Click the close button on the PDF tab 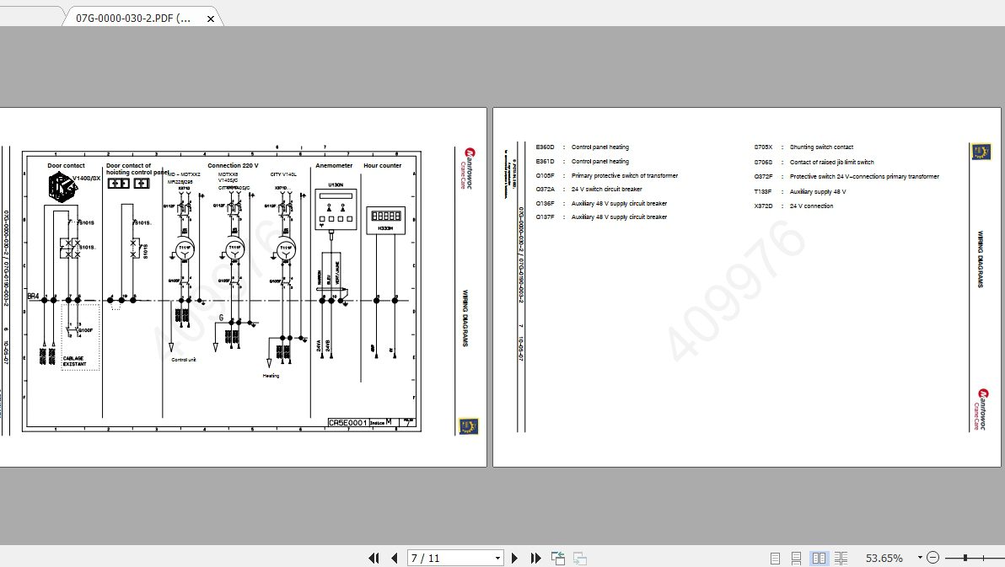(x=211, y=18)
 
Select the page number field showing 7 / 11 (x=454, y=558)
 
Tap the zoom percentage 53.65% (x=884, y=558)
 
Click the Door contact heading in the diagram (x=66, y=166)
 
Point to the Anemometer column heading (x=334, y=166)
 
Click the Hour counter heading (x=383, y=166)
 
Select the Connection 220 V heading (x=233, y=166)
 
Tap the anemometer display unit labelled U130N (x=333, y=209)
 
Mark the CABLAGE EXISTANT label (x=74, y=361)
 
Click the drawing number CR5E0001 (x=347, y=423)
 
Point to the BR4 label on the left (x=33, y=297)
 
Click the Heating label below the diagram (x=270, y=376)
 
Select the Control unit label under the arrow (x=184, y=360)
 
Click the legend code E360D (x=545, y=147)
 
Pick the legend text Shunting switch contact (x=821, y=147)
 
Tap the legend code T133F (x=763, y=191)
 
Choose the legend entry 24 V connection (x=811, y=206)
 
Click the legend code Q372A (x=545, y=189)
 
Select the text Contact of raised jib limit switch (x=831, y=162)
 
